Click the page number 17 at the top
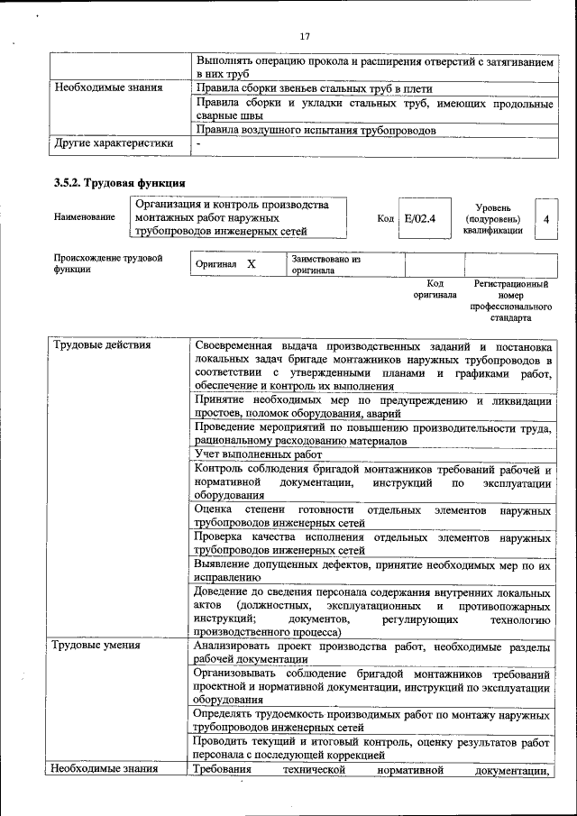coord(304,36)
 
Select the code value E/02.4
coord(420,218)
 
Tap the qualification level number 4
coord(546,218)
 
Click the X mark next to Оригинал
coord(252,264)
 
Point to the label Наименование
coord(85,217)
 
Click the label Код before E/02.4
coord(385,218)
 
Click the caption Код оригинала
coord(435,289)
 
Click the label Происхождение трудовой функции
coord(107,263)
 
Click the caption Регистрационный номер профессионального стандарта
coord(510,300)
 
